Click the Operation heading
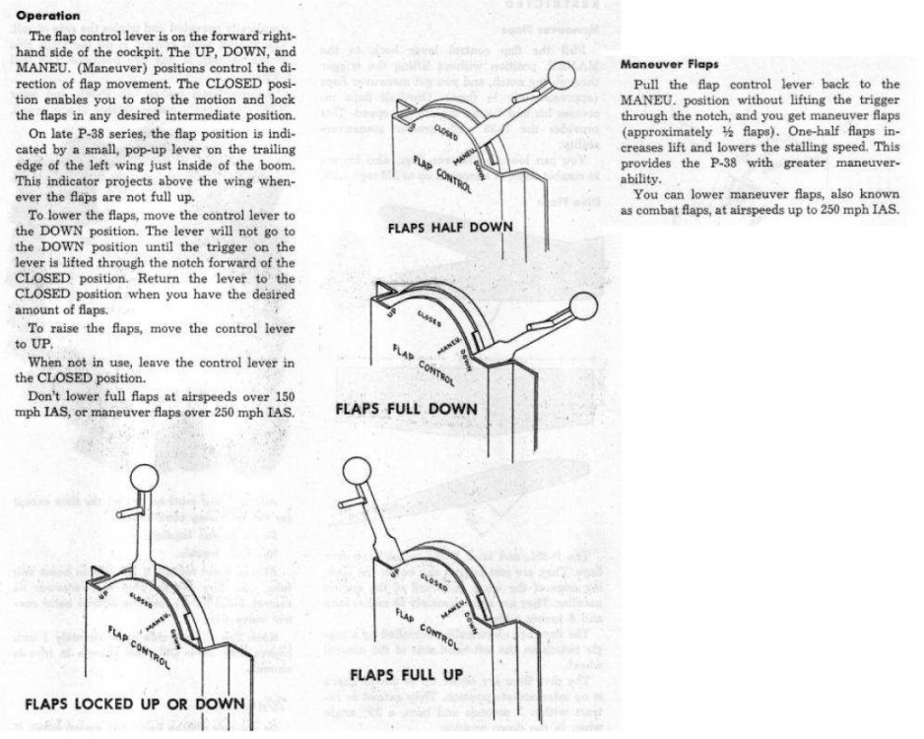[x=48, y=16]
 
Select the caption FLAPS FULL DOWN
[x=406, y=408]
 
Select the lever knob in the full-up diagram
[x=355, y=472]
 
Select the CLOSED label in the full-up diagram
[x=424, y=579]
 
